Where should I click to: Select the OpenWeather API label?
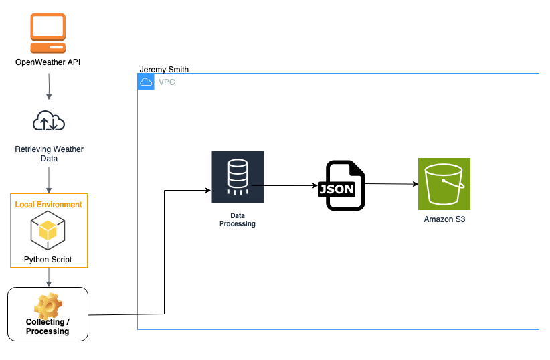coord(48,62)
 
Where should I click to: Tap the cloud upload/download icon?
coord(49,122)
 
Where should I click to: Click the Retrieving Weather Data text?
coord(49,154)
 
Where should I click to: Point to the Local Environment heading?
coord(49,204)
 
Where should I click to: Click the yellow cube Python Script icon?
coord(48,231)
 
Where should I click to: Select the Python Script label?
coord(48,259)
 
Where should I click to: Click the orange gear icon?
coord(48,305)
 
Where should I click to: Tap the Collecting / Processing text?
coord(48,327)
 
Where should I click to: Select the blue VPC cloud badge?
coord(145,82)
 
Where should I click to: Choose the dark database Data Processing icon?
coord(238,177)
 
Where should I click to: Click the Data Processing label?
coord(238,220)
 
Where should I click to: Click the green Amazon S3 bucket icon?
coord(444,184)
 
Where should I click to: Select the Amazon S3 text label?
coord(444,219)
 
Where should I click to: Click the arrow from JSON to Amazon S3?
coord(391,183)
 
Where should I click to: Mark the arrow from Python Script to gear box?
coord(49,277)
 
